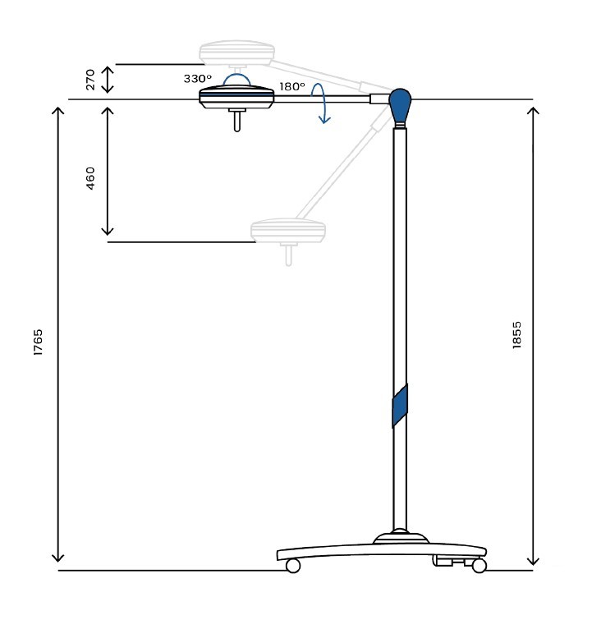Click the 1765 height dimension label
pyautogui.click(x=38, y=342)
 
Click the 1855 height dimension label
pyautogui.click(x=516, y=335)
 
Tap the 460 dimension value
pyautogui.click(x=90, y=178)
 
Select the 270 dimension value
pyautogui.click(x=90, y=80)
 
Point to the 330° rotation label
pyautogui.click(x=197, y=79)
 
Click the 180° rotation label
pyautogui.click(x=292, y=86)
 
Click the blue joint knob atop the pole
pyautogui.click(x=400, y=105)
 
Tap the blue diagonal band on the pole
pyautogui.click(x=400, y=406)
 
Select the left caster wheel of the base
pyautogui.click(x=293, y=566)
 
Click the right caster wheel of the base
pyautogui.click(x=480, y=566)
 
